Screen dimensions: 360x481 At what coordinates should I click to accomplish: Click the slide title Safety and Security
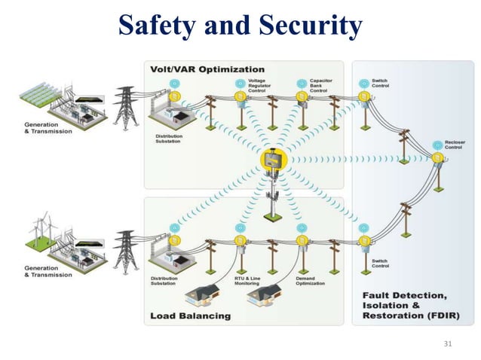240,27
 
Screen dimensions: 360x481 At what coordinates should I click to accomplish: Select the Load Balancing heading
190,316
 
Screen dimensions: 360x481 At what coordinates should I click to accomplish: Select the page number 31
449,343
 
